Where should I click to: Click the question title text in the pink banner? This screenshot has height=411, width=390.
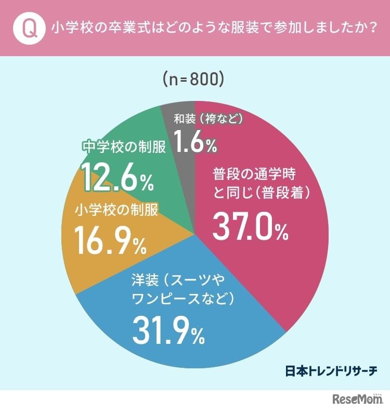click(213, 28)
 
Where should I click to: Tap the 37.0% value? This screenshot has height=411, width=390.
click(250, 227)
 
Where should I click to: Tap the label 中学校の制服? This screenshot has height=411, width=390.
click(124, 147)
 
